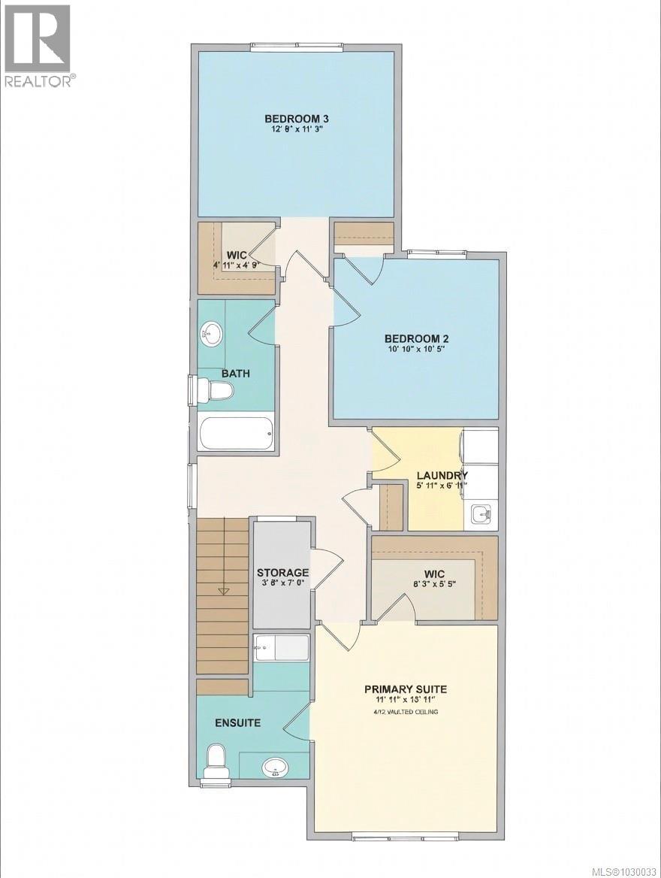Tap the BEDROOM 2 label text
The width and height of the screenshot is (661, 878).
pyautogui.click(x=418, y=338)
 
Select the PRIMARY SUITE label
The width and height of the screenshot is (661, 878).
pyautogui.click(x=406, y=689)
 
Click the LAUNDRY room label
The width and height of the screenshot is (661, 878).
pyautogui.click(x=442, y=475)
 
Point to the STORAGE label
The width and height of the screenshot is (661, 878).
pyautogui.click(x=282, y=573)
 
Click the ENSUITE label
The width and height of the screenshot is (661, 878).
pyautogui.click(x=237, y=723)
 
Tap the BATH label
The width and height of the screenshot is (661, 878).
pyautogui.click(x=235, y=373)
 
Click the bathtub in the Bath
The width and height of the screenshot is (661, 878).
pyautogui.click(x=236, y=434)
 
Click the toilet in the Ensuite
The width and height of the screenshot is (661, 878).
pyautogui.click(x=216, y=761)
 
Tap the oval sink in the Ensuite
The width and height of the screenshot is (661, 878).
pyautogui.click(x=275, y=767)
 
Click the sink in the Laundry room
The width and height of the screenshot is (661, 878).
pyautogui.click(x=481, y=515)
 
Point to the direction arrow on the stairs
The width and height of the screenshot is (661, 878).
pyautogui.click(x=223, y=591)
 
